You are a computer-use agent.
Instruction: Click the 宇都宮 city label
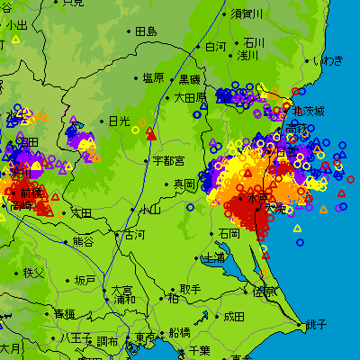pyautogui.click(x=168, y=161)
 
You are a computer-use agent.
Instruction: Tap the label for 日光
pyautogui.click(x=119, y=121)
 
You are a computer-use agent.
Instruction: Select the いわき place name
pyautogui.click(x=328, y=60)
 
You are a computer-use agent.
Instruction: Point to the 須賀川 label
pyautogui.click(x=247, y=13)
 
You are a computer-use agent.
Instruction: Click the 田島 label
pyautogui.click(x=146, y=31)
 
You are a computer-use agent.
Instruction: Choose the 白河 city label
pyautogui.click(x=216, y=47)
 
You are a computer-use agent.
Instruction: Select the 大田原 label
pyautogui.click(x=190, y=97)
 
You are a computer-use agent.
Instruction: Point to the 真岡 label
pyautogui.click(x=184, y=184)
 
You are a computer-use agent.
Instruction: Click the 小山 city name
pyautogui.click(x=149, y=210)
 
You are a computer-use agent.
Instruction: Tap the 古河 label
pyautogui.click(x=133, y=235)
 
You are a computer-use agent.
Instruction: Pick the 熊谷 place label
pyautogui.click(x=83, y=241)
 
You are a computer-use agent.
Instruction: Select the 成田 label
pyautogui.click(x=234, y=316)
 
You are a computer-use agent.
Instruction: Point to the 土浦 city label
pyautogui.click(x=215, y=257)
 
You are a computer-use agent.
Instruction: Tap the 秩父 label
pyautogui.click(x=33, y=272)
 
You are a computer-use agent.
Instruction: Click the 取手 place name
pyautogui.click(x=190, y=289)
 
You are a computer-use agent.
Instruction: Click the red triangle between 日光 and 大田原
pyautogui.click(x=150, y=134)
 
